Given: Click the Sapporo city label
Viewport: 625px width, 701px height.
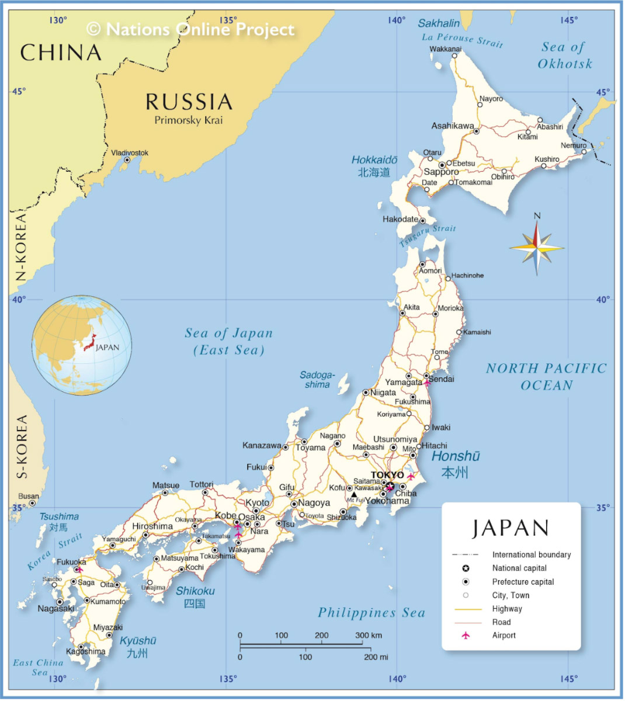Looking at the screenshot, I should pos(441,172).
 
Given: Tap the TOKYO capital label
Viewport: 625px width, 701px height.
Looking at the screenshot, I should pos(387,475).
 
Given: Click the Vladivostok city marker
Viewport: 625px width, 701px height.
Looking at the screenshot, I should pos(127,160).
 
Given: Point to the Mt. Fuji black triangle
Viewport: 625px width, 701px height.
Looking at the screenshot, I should pos(353,495).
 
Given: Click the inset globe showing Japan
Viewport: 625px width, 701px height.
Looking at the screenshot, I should pos(82,345).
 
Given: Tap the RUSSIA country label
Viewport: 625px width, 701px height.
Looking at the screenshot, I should pos(189,102).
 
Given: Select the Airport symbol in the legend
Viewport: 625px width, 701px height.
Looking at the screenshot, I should pos(466,636).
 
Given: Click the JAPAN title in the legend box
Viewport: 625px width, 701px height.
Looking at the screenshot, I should pos(511,528).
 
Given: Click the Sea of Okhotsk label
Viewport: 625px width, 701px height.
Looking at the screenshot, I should pos(564,55).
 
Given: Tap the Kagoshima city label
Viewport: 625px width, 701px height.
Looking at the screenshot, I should pos(86,651).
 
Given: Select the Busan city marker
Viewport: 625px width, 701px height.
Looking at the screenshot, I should pos(32,503).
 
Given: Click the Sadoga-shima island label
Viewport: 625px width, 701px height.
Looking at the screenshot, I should pos(317,380).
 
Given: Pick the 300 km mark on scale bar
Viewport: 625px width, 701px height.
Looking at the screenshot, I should pos(369,636).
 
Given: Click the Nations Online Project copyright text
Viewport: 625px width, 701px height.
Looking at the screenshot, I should pos(191,29).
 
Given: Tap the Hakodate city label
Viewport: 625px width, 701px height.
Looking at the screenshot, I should pos(400,220).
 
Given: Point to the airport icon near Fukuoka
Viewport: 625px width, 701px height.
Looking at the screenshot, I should pos(79,569).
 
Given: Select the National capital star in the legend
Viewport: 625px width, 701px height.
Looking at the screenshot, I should pos(466,568).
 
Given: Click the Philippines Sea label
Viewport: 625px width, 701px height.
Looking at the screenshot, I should pos(371,613).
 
